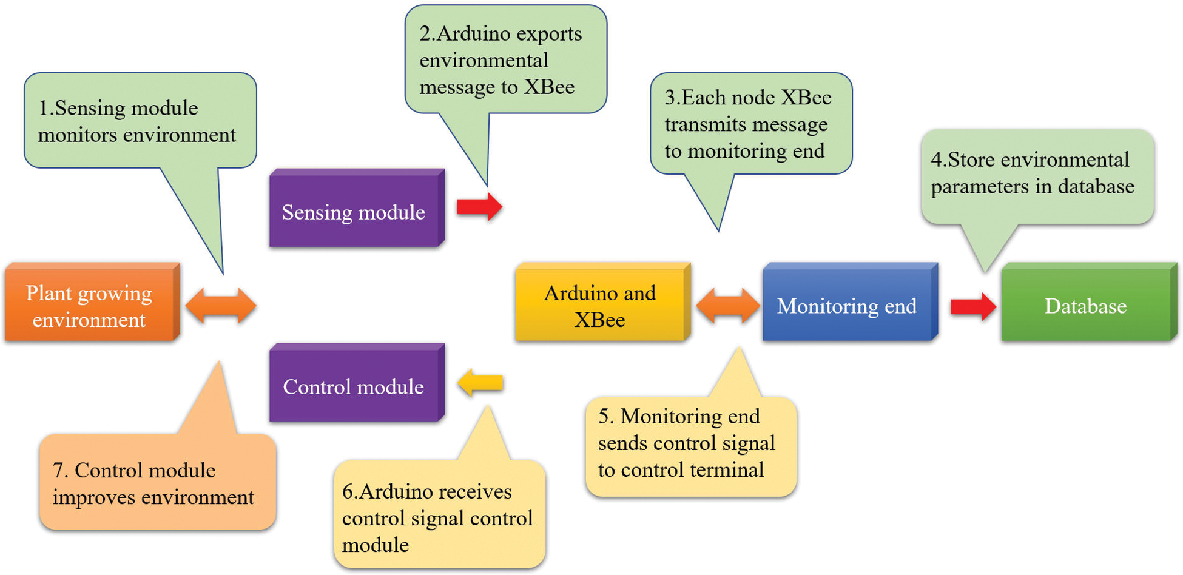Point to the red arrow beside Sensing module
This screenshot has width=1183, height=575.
479,207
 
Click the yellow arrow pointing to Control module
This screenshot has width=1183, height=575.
480,383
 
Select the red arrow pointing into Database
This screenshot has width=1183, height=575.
973,306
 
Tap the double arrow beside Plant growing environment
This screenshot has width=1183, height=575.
221,305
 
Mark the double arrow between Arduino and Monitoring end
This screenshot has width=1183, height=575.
727,305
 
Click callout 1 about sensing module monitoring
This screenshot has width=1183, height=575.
140,121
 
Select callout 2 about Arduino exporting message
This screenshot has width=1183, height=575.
505,60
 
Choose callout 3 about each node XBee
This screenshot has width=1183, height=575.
751,124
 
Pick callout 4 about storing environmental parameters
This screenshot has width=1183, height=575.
1036,173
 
